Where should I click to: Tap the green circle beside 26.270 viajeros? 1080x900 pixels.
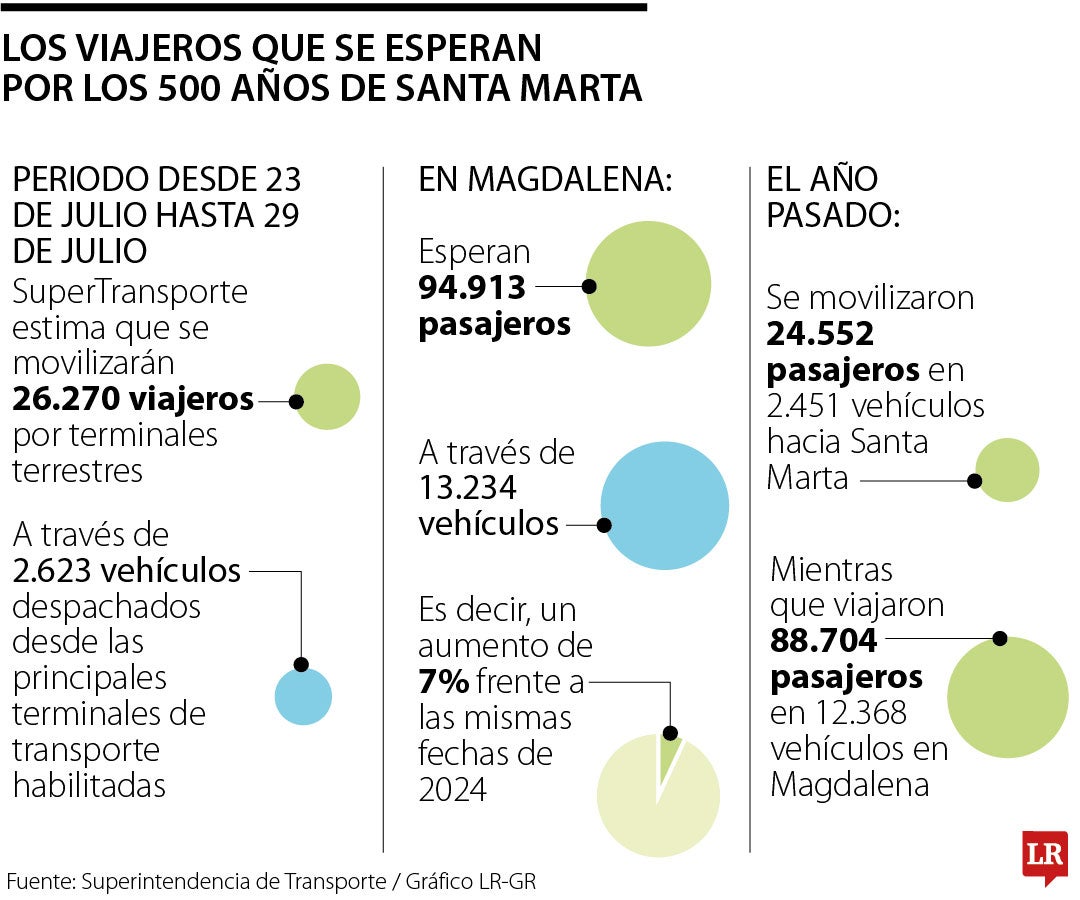click(x=327, y=397)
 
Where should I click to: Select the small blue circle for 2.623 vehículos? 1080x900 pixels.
click(x=303, y=696)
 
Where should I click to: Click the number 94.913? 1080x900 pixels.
click(x=472, y=288)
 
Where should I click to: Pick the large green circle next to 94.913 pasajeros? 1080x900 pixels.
click(x=648, y=284)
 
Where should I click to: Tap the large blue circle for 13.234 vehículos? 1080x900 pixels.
click(x=665, y=506)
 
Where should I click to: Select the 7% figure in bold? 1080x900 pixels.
click(x=444, y=682)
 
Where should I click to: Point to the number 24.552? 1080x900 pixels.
click(x=820, y=334)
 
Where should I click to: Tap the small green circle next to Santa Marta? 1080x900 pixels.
click(x=1007, y=470)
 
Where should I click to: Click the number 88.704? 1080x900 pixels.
click(x=823, y=640)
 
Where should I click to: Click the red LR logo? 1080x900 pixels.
click(x=1044, y=856)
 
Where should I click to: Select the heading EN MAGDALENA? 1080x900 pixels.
click(x=545, y=180)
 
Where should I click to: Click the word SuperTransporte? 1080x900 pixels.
click(x=130, y=292)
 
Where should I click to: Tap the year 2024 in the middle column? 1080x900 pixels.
click(x=453, y=790)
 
